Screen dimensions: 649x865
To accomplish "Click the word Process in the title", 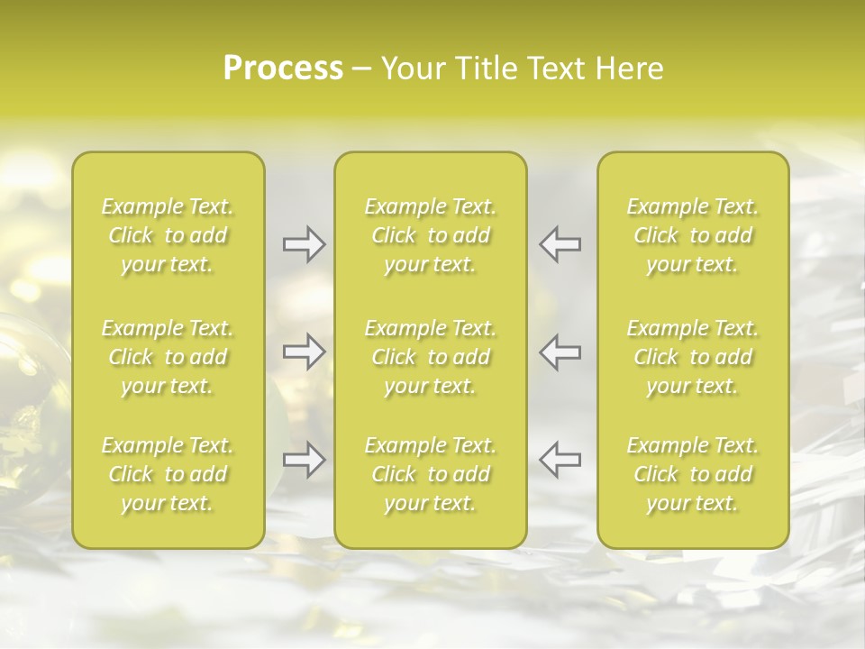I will (283, 69).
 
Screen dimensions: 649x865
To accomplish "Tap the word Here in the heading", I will (629, 69).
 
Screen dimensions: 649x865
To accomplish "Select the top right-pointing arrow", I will (305, 243).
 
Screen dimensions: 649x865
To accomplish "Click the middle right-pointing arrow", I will (305, 352).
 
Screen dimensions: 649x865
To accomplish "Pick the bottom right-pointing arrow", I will (305, 460).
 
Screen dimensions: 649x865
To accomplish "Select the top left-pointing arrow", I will (560, 243).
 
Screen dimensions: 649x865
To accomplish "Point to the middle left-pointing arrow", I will (560, 352).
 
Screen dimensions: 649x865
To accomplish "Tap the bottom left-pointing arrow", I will (560, 460).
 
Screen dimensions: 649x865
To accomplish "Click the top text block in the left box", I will (168, 235).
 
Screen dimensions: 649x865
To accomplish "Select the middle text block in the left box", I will (168, 357).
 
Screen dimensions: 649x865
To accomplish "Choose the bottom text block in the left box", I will (168, 474).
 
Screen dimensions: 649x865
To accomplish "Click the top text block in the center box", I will (431, 235).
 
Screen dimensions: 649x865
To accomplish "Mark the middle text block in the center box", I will (431, 357).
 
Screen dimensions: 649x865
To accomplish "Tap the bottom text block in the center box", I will (431, 474).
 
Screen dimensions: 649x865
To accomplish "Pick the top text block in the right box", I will (693, 235).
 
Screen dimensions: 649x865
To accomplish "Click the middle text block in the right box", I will (693, 357).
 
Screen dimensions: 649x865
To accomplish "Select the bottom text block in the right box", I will (693, 474).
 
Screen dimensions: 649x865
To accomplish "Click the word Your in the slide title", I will (411, 69).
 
